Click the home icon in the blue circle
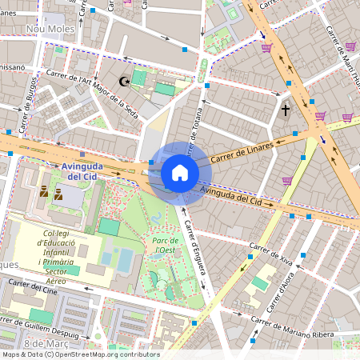coord(180,173)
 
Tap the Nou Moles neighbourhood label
coord(50,29)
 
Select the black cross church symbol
coord(286,109)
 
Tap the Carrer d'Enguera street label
coord(196,248)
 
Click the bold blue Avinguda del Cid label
coord(83,170)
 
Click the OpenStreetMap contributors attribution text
coord(80,354)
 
